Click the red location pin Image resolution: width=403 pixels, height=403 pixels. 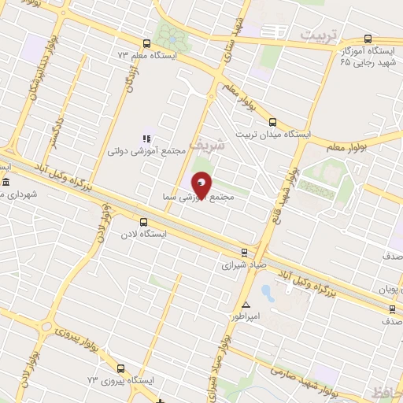point(201,187)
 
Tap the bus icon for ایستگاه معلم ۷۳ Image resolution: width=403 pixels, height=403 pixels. point(146,44)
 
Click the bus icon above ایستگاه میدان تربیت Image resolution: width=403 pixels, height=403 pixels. point(272,122)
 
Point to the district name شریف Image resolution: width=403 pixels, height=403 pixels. point(208,146)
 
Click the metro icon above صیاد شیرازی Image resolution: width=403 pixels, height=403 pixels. point(244,253)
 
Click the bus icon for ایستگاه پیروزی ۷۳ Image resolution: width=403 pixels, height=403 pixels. point(121,368)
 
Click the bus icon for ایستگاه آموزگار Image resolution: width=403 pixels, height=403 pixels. point(368,39)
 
